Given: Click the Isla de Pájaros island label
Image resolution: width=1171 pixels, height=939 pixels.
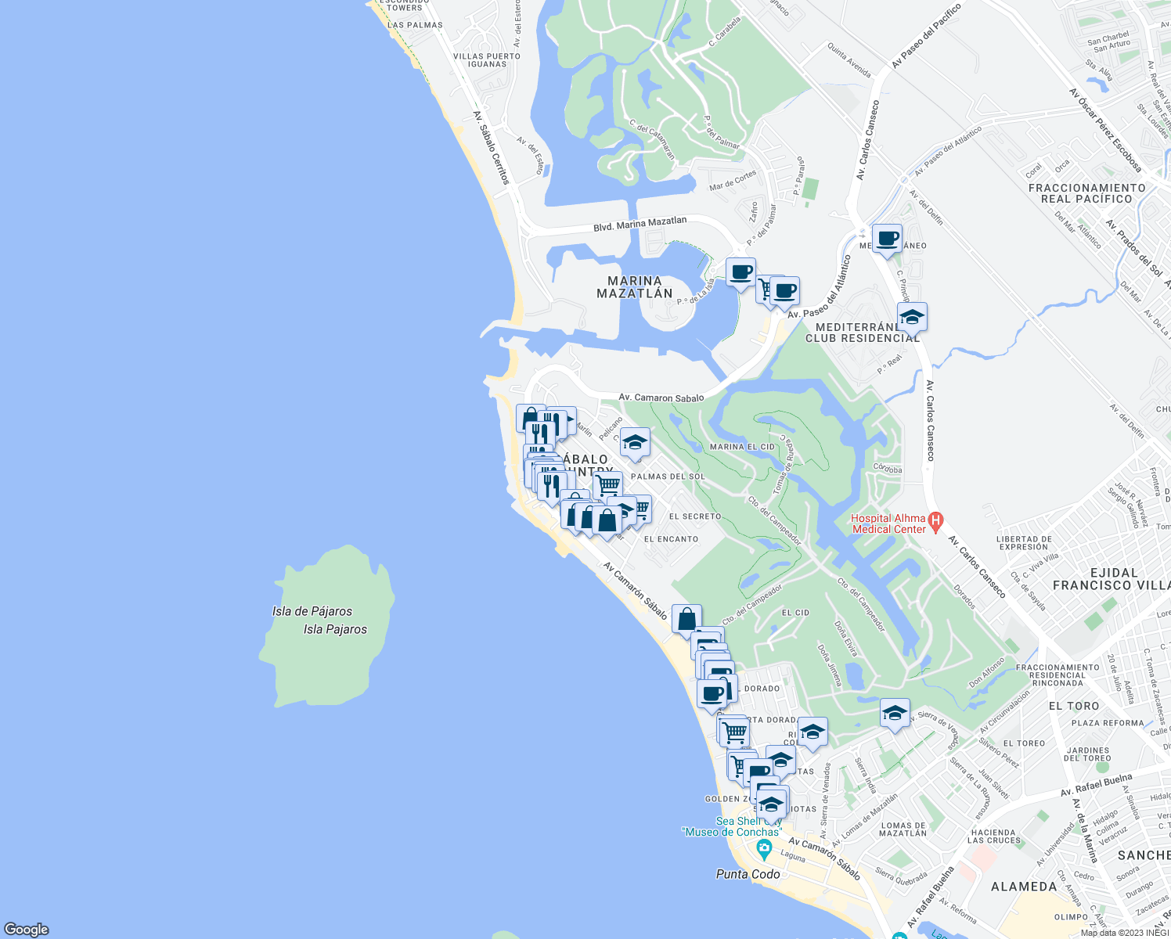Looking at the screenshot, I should click(312, 611).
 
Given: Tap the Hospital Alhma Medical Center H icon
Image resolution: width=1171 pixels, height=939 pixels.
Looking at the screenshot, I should click(935, 520).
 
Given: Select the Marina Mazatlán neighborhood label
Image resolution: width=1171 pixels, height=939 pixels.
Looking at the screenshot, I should click(635, 287).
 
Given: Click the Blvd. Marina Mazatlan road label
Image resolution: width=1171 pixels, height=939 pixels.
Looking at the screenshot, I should click(640, 225).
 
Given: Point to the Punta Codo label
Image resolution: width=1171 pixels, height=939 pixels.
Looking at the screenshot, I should click(748, 874).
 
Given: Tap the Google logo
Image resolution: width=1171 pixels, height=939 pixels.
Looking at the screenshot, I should click(26, 929).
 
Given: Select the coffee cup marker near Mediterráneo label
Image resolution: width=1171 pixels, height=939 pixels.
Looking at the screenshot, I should click(887, 238).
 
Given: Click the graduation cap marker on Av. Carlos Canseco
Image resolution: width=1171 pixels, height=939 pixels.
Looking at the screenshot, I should click(912, 317).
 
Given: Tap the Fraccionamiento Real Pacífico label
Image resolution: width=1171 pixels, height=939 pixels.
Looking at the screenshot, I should click(1086, 193).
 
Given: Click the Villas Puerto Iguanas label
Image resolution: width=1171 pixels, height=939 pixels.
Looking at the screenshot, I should click(487, 60).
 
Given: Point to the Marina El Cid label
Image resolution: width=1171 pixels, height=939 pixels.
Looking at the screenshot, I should click(742, 447).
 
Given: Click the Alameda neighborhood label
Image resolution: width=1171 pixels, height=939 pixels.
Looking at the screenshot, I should click(1024, 887).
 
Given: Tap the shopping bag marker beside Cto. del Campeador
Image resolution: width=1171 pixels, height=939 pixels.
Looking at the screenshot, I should click(686, 619).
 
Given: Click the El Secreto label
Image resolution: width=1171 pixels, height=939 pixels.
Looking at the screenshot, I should click(695, 516).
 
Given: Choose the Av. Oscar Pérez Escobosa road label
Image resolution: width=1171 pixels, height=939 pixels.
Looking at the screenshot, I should click(1104, 129).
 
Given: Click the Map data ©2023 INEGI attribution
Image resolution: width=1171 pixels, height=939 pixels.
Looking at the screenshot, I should click(1124, 933).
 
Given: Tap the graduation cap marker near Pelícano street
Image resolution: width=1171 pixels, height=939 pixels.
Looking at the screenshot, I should click(635, 442).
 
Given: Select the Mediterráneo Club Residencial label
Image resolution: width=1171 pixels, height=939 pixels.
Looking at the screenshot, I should click(863, 333).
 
